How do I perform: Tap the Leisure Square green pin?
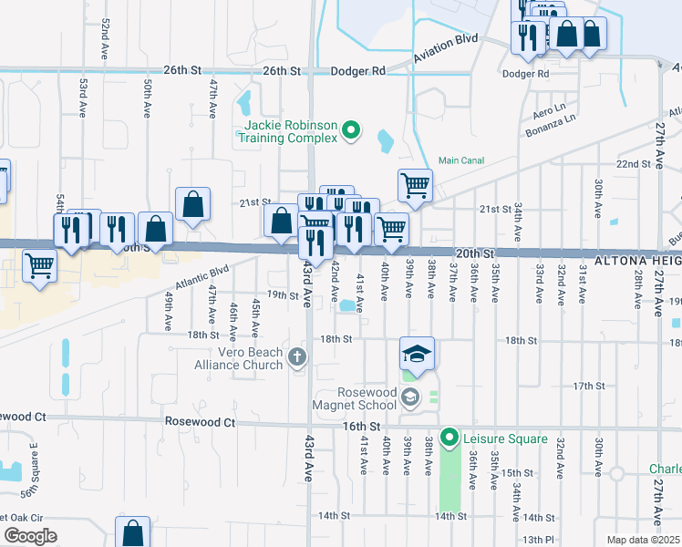click(449, 439)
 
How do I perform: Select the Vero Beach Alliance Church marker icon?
click(295, 356)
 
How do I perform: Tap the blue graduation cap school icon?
click(417, 354)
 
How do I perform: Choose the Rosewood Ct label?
click(200, 422)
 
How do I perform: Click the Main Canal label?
click(460, 160)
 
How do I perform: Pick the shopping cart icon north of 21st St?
click(415, 186)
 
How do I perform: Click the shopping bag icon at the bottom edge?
click(132, 532)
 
